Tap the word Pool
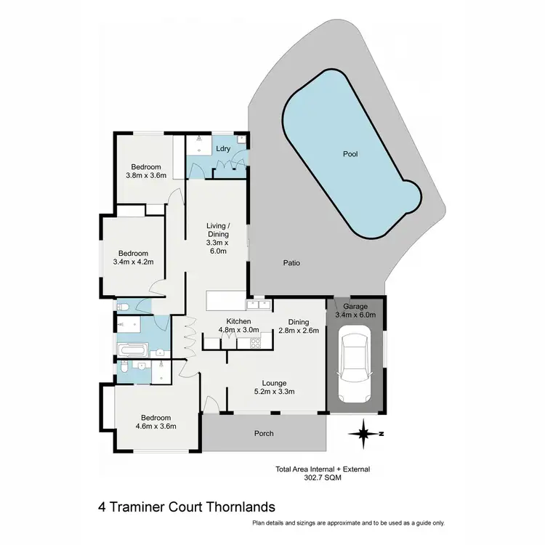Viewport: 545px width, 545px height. tap(350, 154)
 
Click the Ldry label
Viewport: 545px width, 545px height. tap(223, 149)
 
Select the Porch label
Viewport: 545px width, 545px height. tap(264, 434)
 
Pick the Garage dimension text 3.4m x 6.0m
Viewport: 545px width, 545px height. tap(356, 315)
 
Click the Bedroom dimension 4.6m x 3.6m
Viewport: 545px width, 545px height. tap(156, 427)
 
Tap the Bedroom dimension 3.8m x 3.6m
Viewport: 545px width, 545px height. tap(146, 175)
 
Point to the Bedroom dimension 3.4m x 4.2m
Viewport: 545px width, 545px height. tap(134, 262)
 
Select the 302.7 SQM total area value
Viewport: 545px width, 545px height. tap(323, 479)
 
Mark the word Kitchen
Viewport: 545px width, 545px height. tap(238, 321)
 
